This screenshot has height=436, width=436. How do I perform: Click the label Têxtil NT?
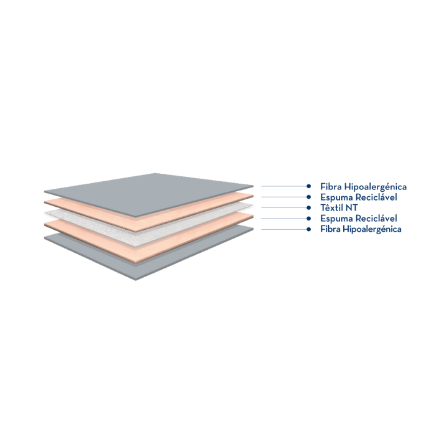point(338,207)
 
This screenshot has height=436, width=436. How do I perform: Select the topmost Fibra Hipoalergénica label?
point(364,186)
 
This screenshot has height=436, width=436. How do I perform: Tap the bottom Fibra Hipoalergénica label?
point(361,229)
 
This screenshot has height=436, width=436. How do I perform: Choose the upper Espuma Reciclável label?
point(359,197)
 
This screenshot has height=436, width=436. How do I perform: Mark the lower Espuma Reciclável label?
point(359,218)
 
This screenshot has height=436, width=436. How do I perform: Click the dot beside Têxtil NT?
point(309,207)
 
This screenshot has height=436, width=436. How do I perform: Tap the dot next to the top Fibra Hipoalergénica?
point(309,186)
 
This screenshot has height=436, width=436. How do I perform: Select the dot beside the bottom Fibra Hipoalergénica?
point(309,229)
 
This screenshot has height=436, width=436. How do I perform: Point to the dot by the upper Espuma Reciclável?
point(309,197)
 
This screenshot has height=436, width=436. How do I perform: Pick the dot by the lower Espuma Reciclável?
point(309,218)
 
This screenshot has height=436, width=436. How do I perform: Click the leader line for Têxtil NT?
point(283,207)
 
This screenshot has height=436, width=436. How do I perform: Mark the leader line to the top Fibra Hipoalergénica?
point(283,186)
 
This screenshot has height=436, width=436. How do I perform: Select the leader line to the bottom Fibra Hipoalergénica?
point(283,229)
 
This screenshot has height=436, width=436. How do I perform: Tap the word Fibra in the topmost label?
point(329,186)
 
